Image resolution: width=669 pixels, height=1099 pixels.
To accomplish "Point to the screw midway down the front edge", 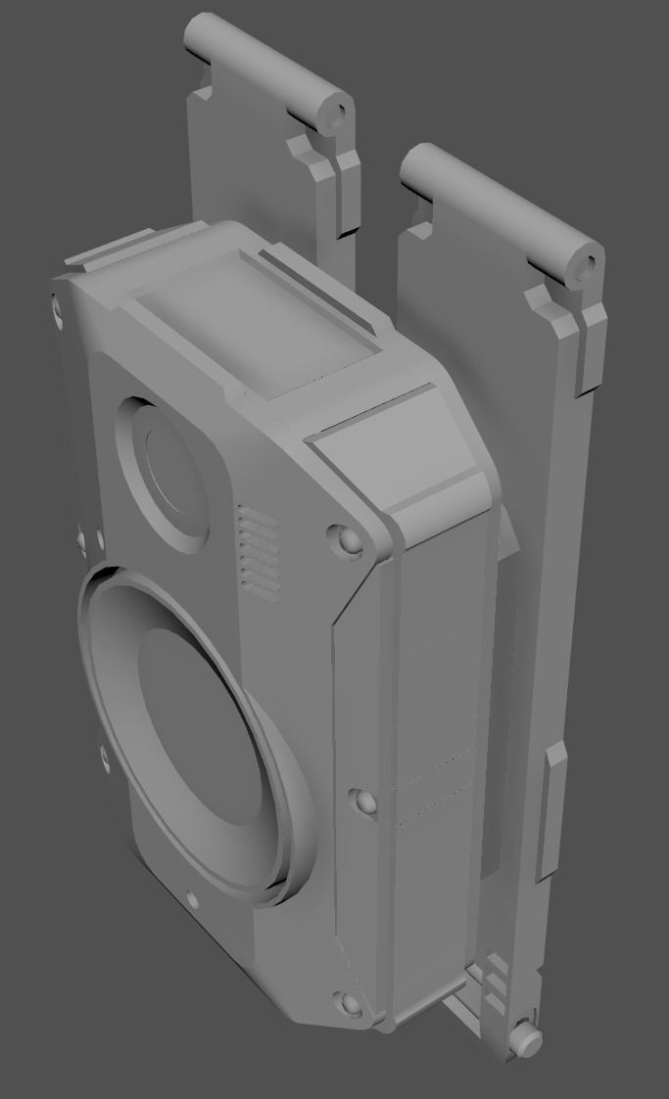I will [364, 802].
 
